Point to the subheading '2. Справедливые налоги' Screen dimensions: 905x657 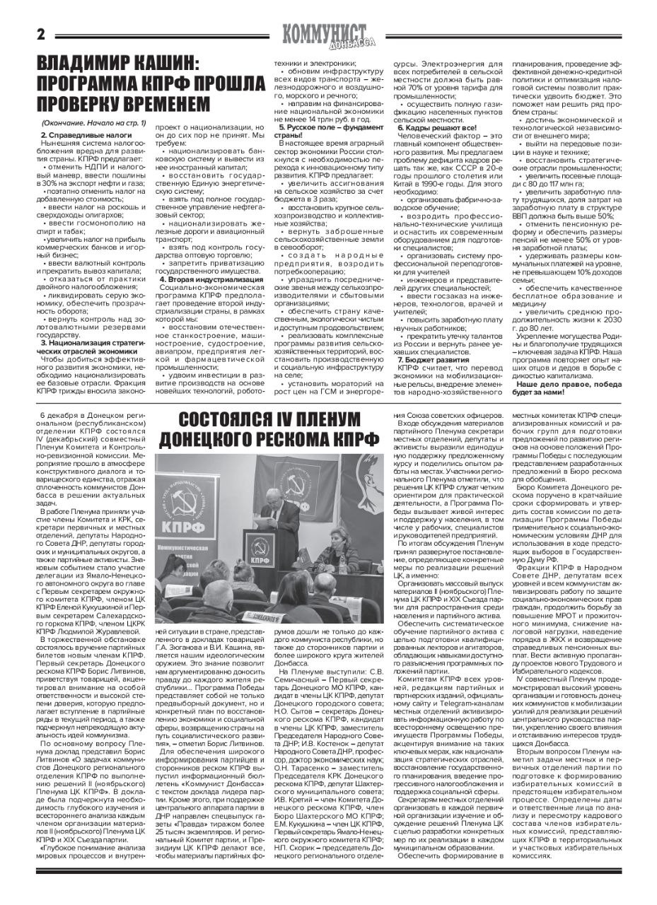[76, 134]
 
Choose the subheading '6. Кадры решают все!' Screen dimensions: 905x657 [431, 127]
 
